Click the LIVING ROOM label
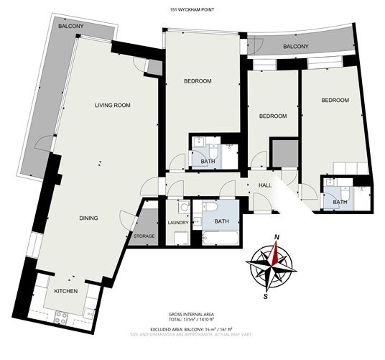(113, 106)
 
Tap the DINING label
(88, 218)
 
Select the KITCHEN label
(66, 291)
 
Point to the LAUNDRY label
(178, 223)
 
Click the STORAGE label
(144, 236)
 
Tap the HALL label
(265, 185)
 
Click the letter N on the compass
(277, 237)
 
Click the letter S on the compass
(266, 296)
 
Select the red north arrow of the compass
(274, 254)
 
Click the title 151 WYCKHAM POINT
(192, 10)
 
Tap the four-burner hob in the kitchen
(61, 318)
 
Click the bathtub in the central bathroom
(220, 237)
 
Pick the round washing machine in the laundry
(184, 207)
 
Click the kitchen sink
(89, 313)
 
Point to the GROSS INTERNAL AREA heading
(191, 314)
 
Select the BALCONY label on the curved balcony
(296, 47)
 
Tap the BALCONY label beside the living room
(70, 26)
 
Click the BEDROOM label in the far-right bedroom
(335, 100)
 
